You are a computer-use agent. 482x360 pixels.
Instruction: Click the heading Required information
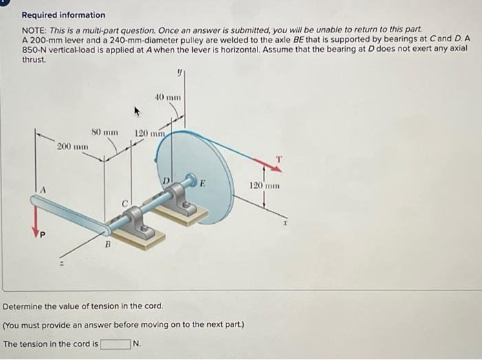pos(63,14)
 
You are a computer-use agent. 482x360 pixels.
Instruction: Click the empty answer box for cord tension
pos(115,343)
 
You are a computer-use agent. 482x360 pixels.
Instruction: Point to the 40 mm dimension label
pos(169,97)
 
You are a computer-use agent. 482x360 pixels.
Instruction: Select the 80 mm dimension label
pos(105,131)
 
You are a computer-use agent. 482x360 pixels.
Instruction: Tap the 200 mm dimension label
pos(72,147)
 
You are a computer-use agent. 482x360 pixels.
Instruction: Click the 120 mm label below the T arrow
pos(264,186)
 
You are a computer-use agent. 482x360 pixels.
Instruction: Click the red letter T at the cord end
pos(278,158)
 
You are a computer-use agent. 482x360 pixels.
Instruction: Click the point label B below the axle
pos(107,244)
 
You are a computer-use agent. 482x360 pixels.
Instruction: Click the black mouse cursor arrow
pos(136,111)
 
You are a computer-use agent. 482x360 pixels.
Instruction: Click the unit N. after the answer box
pos(136,343)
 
